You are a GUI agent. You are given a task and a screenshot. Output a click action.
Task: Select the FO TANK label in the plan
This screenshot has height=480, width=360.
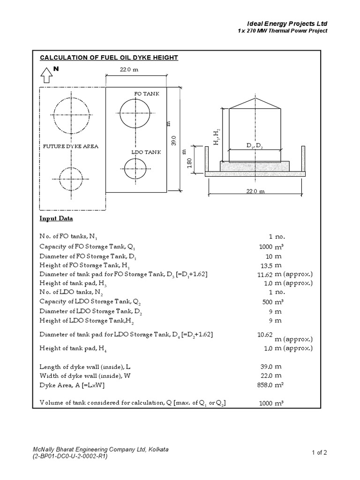pos(147,94)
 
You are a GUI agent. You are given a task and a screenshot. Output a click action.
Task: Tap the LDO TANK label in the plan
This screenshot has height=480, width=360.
pos(146,152)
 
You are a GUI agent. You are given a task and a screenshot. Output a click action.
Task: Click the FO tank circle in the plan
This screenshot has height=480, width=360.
pos(135,113)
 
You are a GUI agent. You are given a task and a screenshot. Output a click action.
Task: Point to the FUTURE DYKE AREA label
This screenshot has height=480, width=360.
pos(71,146)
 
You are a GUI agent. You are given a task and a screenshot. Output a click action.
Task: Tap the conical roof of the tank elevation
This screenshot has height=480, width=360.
pos(255,103)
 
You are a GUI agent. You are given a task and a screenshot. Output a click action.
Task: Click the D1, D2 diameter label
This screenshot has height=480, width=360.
pos(255,146)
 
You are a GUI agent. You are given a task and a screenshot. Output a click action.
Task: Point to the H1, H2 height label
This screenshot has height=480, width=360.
pos(216,136)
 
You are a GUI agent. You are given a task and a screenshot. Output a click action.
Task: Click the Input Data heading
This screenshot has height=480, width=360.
pos(56,218)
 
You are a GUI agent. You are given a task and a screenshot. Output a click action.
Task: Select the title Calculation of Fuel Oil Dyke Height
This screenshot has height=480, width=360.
pos(109,58)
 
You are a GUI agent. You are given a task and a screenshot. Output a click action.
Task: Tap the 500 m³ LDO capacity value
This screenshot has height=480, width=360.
pos(272,302)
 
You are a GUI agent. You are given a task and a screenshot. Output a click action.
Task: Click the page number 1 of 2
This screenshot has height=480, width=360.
pos(319,452)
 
